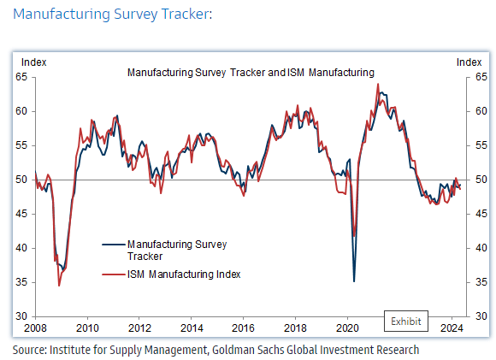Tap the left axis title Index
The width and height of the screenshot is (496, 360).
pos(33,62)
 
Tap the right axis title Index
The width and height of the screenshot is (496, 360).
pos(469,62)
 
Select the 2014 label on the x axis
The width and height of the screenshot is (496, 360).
pos(192,328)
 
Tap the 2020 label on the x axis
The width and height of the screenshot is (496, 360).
pos(348,328)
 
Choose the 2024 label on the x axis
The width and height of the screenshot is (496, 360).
pos(452,328)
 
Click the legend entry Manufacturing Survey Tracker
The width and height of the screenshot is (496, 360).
pos(176,250)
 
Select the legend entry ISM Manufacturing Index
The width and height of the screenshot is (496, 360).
pos(183,274)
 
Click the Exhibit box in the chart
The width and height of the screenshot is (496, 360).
pos(406,321)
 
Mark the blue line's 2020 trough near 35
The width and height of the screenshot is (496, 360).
pos(354,280)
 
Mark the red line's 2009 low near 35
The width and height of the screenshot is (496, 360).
pos(59,285)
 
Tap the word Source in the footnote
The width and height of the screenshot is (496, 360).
pos(28,349)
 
